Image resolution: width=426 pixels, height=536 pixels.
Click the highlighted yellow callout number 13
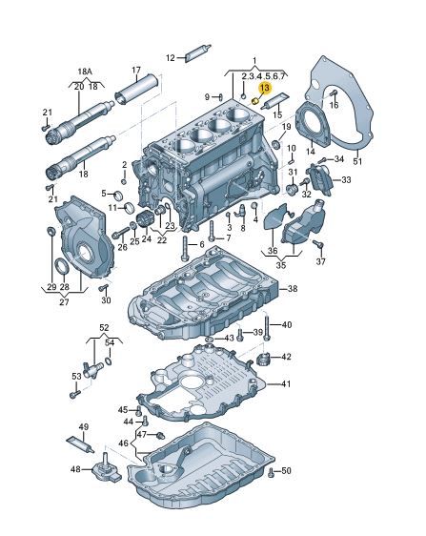coord(265,89)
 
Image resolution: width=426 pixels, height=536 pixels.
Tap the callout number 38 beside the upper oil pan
coord(293,289)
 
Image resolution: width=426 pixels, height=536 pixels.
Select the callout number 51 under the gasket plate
coord(357,160)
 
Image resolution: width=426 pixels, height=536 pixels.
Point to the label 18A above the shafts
coord(85,72)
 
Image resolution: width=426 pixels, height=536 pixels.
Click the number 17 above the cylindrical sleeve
coord(136,70)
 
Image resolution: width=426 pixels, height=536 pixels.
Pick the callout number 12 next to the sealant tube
coord(171,58)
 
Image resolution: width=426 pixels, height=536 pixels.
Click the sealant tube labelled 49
coord(80,444)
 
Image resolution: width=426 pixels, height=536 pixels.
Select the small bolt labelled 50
coord(272,473)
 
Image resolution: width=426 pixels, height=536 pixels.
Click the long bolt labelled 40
coord(267,327)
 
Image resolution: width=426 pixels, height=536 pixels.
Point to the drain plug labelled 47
coord(160,436)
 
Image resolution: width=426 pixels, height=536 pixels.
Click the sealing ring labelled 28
coord(62,267)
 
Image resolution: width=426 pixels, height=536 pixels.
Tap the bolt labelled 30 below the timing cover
coord(103,288)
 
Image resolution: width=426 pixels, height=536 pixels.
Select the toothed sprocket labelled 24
coord(143,219)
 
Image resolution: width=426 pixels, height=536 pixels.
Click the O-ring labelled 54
coord(109,361)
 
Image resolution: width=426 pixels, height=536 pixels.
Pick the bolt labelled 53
coord(75,394)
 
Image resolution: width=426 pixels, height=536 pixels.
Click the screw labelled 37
coord(318,244)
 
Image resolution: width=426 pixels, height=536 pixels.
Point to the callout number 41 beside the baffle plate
coord(286,384)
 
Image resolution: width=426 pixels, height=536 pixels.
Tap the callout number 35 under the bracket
coord(281,265)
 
